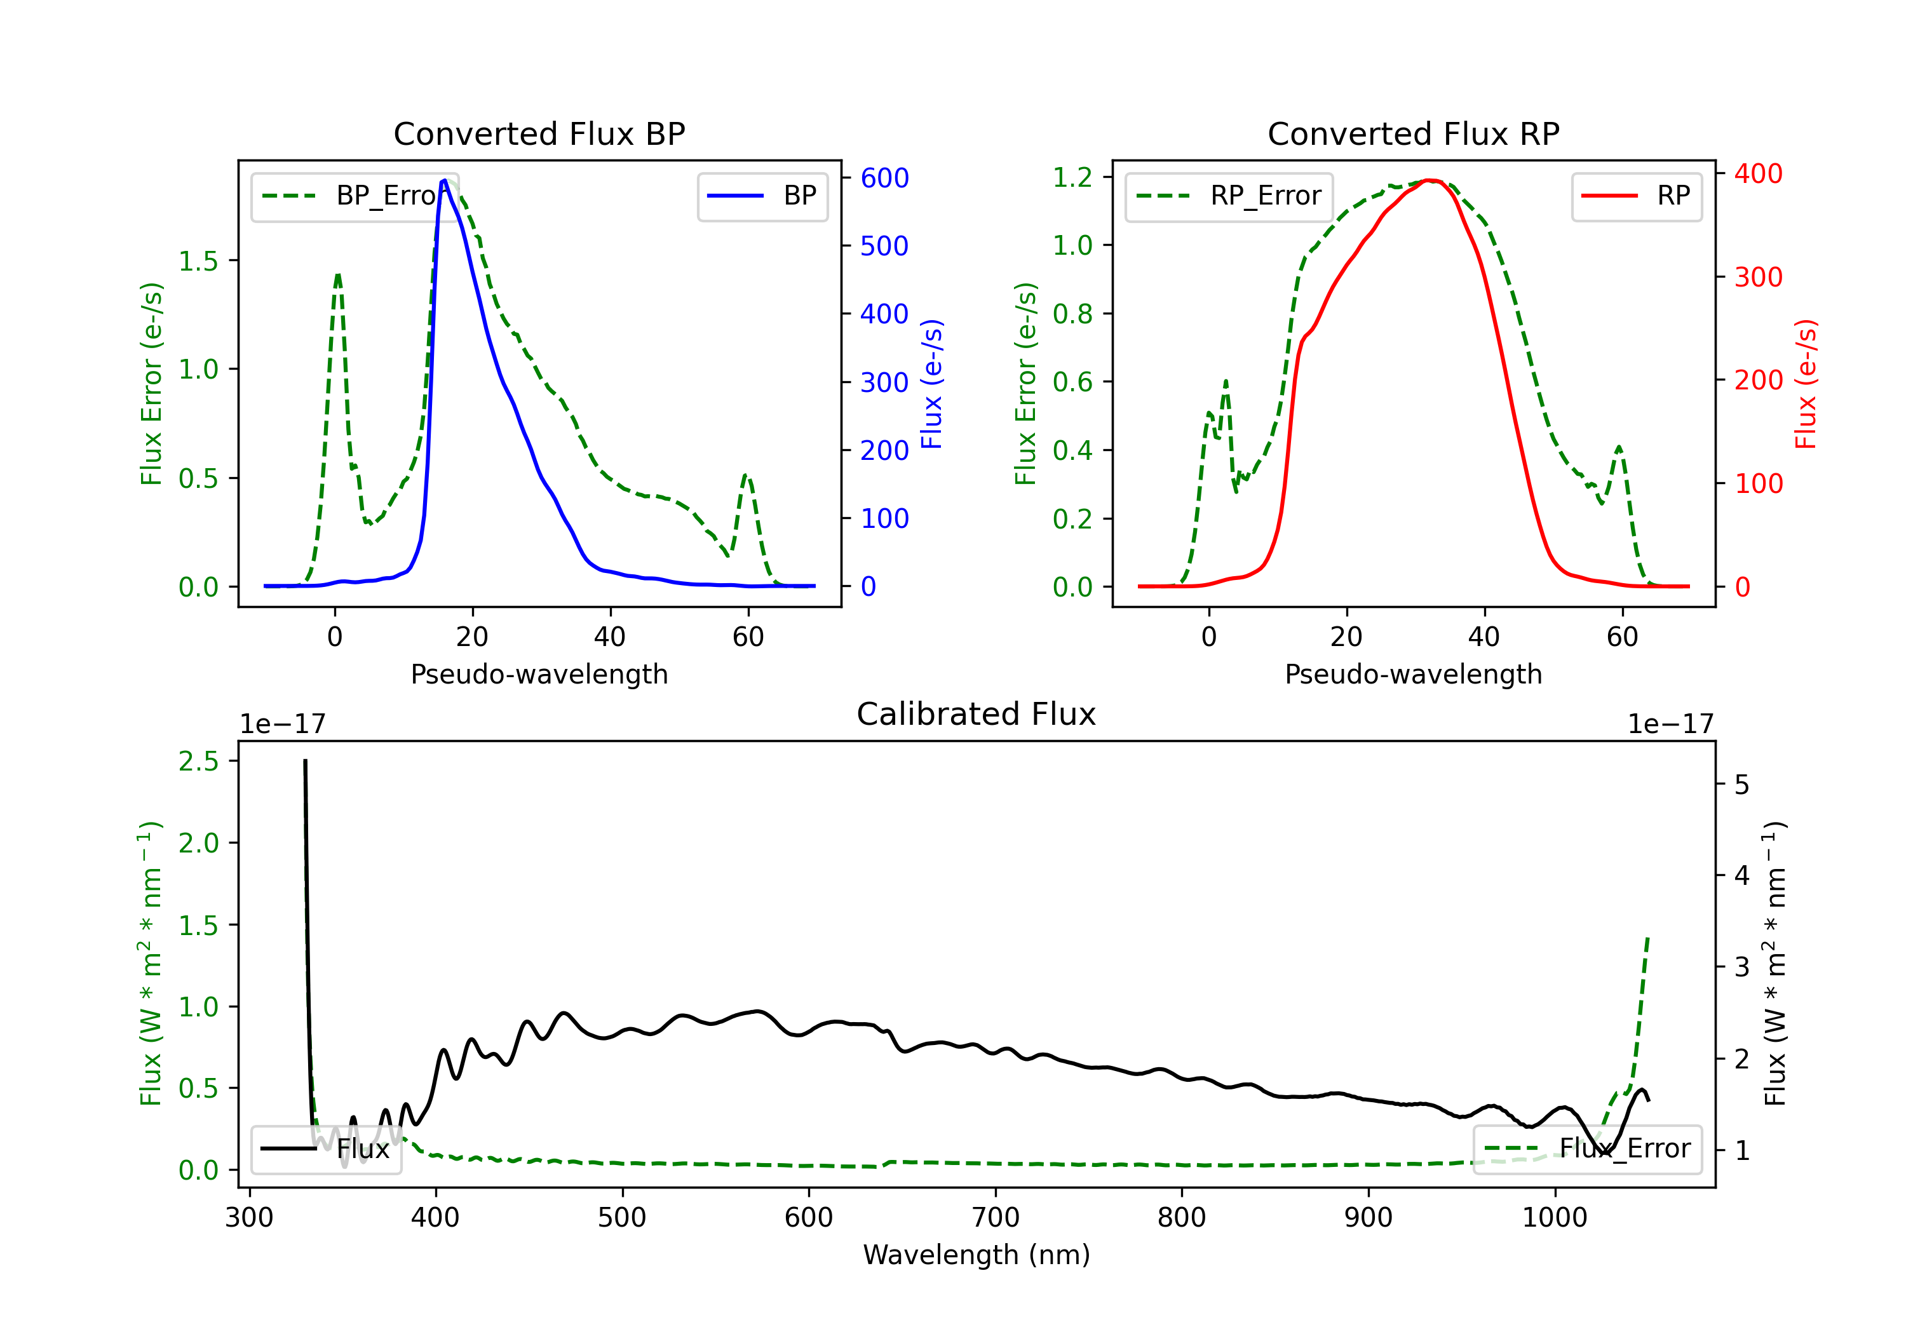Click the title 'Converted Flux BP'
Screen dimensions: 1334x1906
pyautogui.click(x=539, y=133)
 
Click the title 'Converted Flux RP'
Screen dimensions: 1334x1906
pyautogui.click(x=1413, y=133)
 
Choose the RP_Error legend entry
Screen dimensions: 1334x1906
pyautogui.click(x=1229, y=196)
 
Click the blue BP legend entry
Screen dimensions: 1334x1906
pyautogui.click(x=762, y=196)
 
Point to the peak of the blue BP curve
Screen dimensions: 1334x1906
pyautogui.click(x=444, y=181)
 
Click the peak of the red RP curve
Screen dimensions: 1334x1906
pyautogui.click(x=1429, y=180)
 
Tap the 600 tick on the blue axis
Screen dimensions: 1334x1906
pyautogui.click(x=884, y=178)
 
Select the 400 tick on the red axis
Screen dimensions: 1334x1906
pyautogui.click(x=1758, y=173)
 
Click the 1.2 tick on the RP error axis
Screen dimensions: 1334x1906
pyautogui.click(x=1072, y=177)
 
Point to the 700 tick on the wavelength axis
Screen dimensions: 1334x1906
pyautogui.click(x=996, y=1217)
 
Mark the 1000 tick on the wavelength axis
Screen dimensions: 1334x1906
pyautogui.click(x=1554, y=1217)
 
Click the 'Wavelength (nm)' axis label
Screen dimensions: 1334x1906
pyautogui.click(x=977, y=1255)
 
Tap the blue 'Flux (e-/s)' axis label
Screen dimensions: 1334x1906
pyautogui.click(x=932, y=384)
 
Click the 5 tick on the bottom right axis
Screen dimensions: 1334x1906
pyautogui.click(x=1741, y=785)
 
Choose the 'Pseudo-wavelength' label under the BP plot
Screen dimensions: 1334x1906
pyautogui.click(x=539, y=674)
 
